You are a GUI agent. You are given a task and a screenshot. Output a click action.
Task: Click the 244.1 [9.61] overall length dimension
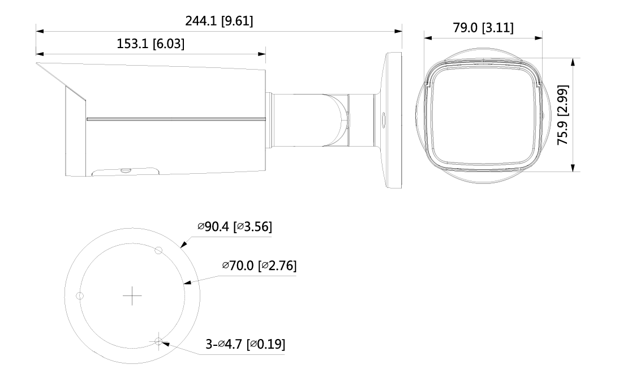coord(219,22)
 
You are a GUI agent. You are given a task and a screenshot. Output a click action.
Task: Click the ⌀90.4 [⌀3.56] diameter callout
coord(234,227)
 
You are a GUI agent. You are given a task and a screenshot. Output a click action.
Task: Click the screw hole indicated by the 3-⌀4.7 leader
coord(158,341)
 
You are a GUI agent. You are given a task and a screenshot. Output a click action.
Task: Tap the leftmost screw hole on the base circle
coord(80,295)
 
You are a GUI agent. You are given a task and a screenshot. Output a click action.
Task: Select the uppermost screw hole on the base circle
coord(158,250)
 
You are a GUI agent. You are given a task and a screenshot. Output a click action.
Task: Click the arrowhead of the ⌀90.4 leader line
coord(181,247)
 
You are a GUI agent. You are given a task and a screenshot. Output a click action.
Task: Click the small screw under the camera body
coord(124,169)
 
